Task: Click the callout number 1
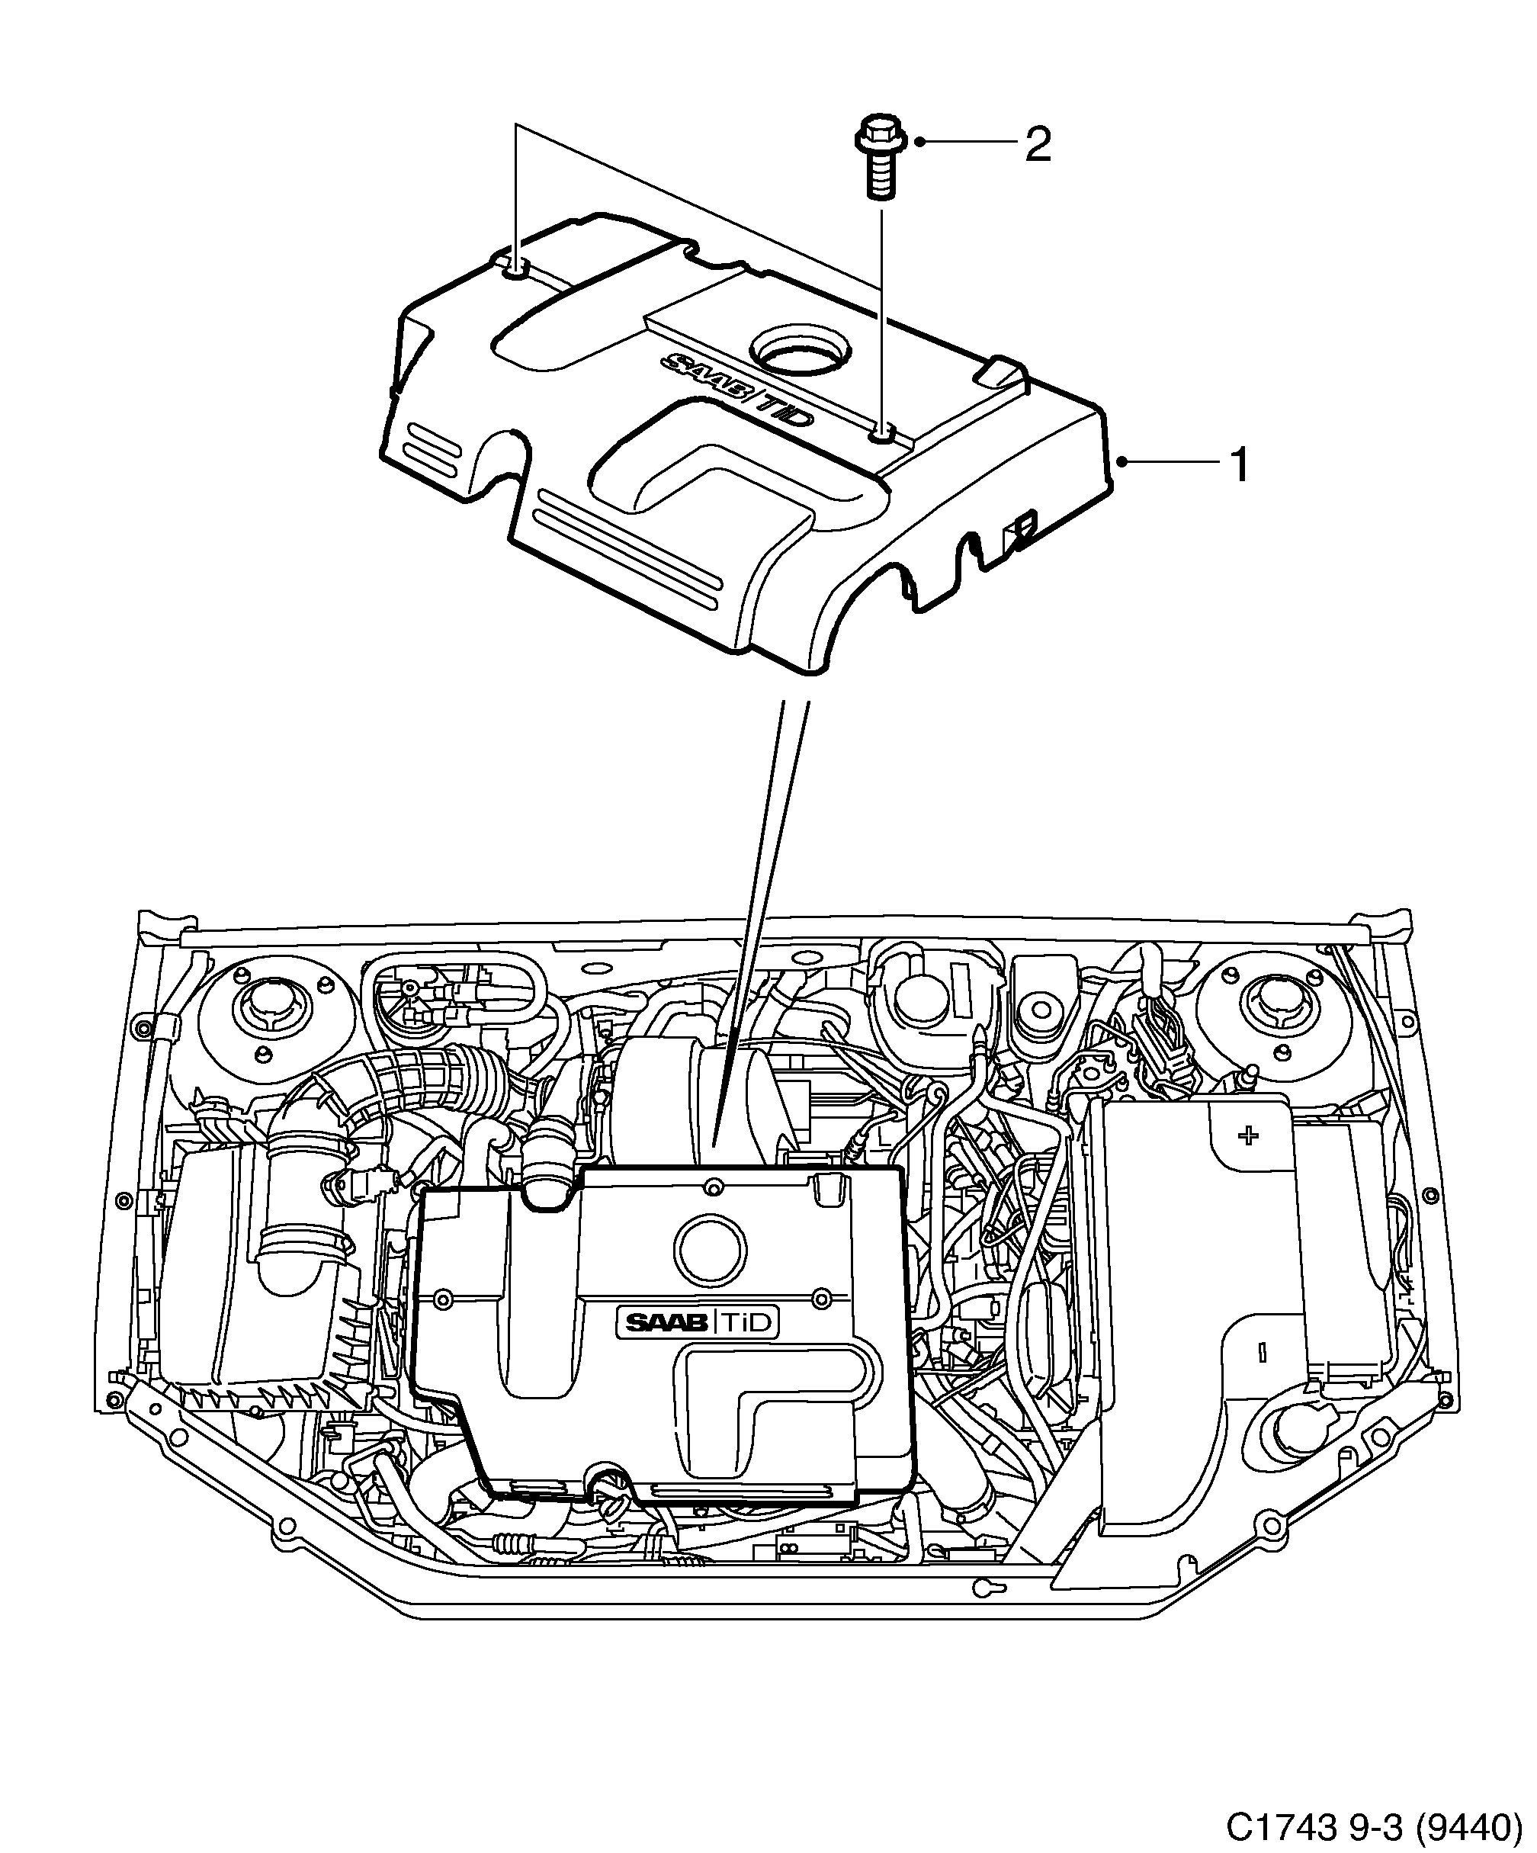click(1240, 465)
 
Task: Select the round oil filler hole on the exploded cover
click(801, 352)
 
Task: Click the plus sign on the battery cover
click(1247, 1135)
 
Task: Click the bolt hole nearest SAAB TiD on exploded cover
click(881, 433)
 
